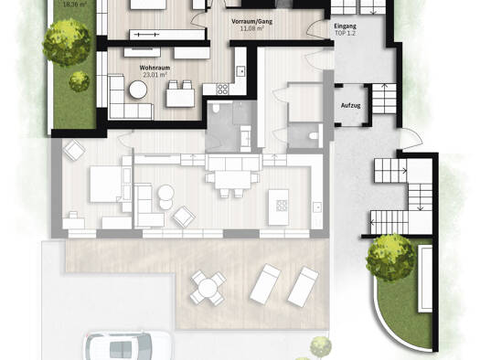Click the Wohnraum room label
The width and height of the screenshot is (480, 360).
[x=155, y=68]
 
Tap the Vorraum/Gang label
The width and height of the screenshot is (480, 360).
[x=252, y=22]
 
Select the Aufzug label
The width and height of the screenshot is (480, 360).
[x=350, y=106]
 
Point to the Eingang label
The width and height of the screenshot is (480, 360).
[x=345, y=26]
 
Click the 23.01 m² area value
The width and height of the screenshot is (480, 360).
[x=155, y=74]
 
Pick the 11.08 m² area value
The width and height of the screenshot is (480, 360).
[x=252, y=28]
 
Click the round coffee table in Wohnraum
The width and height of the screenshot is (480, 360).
[x=138, y=90]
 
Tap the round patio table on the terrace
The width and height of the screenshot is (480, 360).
[x=208, y=288]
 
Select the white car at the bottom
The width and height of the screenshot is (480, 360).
[x=128, y=345]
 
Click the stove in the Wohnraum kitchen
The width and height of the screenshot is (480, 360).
[x=222, y=89]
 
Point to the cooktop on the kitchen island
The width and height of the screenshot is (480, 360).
[x=282, y=206]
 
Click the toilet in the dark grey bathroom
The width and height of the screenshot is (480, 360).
[x=216, y=108]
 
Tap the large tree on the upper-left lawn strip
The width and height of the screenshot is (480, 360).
[x=67, y=42]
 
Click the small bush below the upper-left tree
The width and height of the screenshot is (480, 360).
[x=79, y=81]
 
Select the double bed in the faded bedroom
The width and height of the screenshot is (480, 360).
[x=105, y=184]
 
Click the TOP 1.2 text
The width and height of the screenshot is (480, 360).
[x=345, y=33]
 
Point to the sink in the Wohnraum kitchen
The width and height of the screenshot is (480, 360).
[x=241, y=71]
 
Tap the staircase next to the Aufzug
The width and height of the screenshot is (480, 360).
[x=384, y=99]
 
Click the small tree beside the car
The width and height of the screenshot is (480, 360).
[x=321, y=346]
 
